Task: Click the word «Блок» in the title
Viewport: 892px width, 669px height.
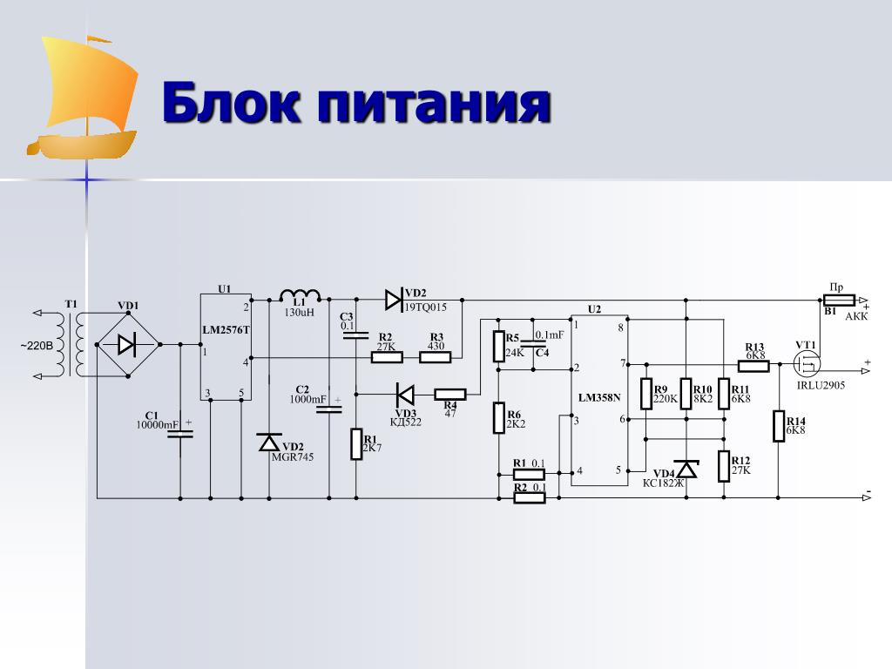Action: point(229,105)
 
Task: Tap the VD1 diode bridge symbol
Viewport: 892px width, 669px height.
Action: point(127,345)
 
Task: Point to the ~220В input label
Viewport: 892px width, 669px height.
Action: point(37,346)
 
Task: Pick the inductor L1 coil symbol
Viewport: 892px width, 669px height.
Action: point(299,296)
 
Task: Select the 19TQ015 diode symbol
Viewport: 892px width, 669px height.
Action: point(393,300)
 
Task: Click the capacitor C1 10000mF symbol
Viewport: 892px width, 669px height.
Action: point(180,432)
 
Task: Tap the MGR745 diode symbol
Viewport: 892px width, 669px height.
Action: point(269,443)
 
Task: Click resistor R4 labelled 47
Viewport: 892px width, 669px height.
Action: point(450,394)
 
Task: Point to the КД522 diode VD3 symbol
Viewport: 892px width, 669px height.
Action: point(405,394)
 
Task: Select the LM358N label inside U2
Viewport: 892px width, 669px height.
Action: point(599,398)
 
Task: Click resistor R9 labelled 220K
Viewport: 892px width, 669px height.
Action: point(646,394)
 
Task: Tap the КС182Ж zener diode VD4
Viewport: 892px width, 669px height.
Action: point(686,469)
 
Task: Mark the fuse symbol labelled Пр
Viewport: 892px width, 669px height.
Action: point(839,299)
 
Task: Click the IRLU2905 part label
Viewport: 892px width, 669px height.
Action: point(820,384)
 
